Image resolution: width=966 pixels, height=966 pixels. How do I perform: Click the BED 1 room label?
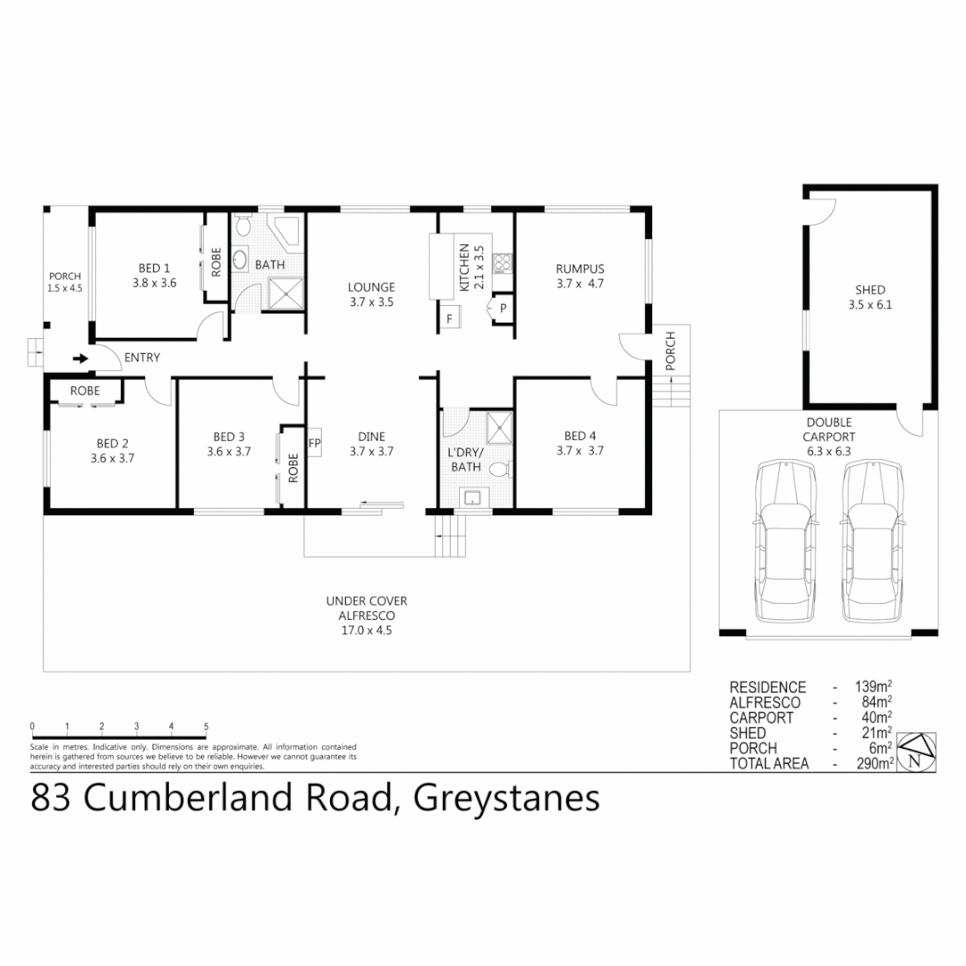click(154, 268)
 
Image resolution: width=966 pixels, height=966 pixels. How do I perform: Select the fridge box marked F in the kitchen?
click(449, 318)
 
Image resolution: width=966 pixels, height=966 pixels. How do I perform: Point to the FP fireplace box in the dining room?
click(314, 443)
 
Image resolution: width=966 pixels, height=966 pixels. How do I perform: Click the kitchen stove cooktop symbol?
click(503, 263)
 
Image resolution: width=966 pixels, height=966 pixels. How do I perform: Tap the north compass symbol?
click(917, 751)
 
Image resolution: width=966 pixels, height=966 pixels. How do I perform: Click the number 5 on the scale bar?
click(207, 726)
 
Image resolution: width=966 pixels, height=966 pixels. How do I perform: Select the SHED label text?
click(869, 290)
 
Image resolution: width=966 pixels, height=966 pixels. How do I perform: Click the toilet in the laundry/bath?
click(504, 468)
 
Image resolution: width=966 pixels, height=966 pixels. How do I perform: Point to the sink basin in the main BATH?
click(241, 260)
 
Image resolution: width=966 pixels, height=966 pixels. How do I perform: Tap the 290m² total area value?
click(876, 764)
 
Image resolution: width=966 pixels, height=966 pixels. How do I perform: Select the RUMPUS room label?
click(580, 268)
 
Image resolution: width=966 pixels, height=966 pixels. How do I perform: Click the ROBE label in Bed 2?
click(85, 391)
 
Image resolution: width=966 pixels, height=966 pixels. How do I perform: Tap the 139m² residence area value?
click(873, 688)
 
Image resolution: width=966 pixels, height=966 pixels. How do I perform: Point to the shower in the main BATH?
click(285, 292)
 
